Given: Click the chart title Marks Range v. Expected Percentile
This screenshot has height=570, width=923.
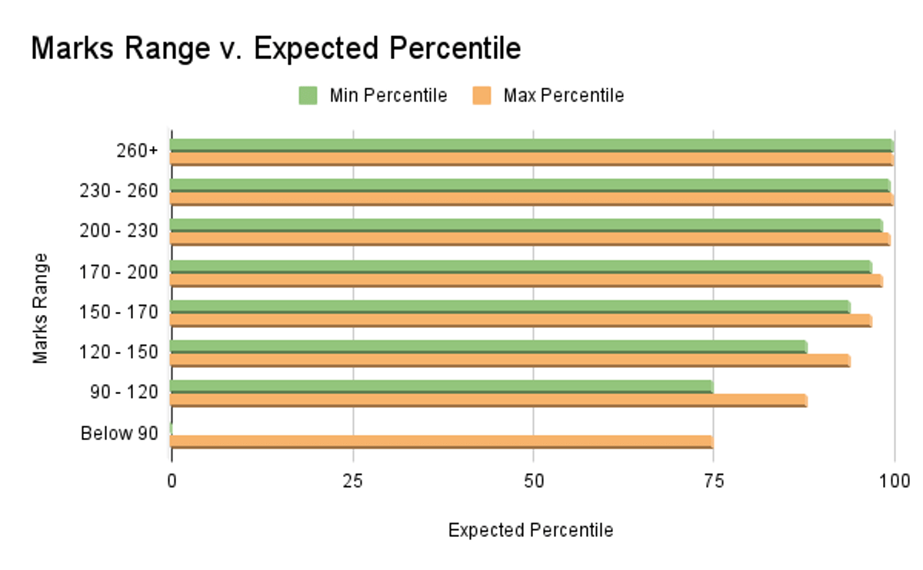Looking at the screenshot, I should [x=275, y=48].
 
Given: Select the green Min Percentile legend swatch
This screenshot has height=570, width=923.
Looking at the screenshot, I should [x=308, y=96].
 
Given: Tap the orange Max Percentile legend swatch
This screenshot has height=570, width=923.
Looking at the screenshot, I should [x=481, y=96].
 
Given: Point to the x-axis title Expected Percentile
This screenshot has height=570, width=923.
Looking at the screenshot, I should [x=531, y=530].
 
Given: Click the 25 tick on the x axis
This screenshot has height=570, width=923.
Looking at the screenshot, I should [x=352, y=481].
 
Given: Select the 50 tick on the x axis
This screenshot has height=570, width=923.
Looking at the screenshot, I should [x=533, y=481].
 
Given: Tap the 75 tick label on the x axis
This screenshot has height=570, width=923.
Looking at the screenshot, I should [x=713, y=481].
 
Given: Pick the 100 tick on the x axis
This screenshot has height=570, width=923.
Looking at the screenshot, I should [x=894, y=481].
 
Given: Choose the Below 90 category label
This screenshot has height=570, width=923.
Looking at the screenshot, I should [x=119, y=433].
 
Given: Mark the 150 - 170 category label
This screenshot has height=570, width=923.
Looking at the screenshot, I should [x=119, y=312].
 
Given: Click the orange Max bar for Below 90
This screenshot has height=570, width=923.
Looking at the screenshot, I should [x=441, y=442].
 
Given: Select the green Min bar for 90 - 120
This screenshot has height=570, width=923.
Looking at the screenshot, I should [x=441, y=386].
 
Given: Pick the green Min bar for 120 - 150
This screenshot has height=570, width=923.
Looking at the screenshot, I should [x=488, y=346].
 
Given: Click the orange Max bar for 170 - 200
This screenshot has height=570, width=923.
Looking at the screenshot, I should [x=525, y=280].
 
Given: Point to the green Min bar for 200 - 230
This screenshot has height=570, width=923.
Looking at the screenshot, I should [x=525, y=225].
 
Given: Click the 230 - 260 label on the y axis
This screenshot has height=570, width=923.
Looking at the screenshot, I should [x=119, y=191].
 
